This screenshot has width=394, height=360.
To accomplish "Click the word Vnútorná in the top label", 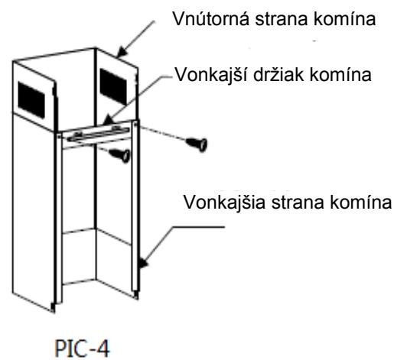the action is (210, 18).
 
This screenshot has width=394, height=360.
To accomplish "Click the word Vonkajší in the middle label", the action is (210, 75).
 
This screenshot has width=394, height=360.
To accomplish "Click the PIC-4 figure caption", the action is (82, 349).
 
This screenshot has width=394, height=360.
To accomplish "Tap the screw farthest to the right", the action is (197, 144).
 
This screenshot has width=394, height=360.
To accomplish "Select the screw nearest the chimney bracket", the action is (119, 156).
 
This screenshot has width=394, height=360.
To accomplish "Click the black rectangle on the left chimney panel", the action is (31, 100).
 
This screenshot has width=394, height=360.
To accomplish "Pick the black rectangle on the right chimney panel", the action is (113, 86).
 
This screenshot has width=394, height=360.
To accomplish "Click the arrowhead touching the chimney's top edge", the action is (122, 52).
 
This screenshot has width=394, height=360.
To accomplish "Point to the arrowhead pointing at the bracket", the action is (108, 120).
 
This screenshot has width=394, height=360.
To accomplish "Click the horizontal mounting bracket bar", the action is (99, 135).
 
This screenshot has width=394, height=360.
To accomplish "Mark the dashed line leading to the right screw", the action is (162, 133).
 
